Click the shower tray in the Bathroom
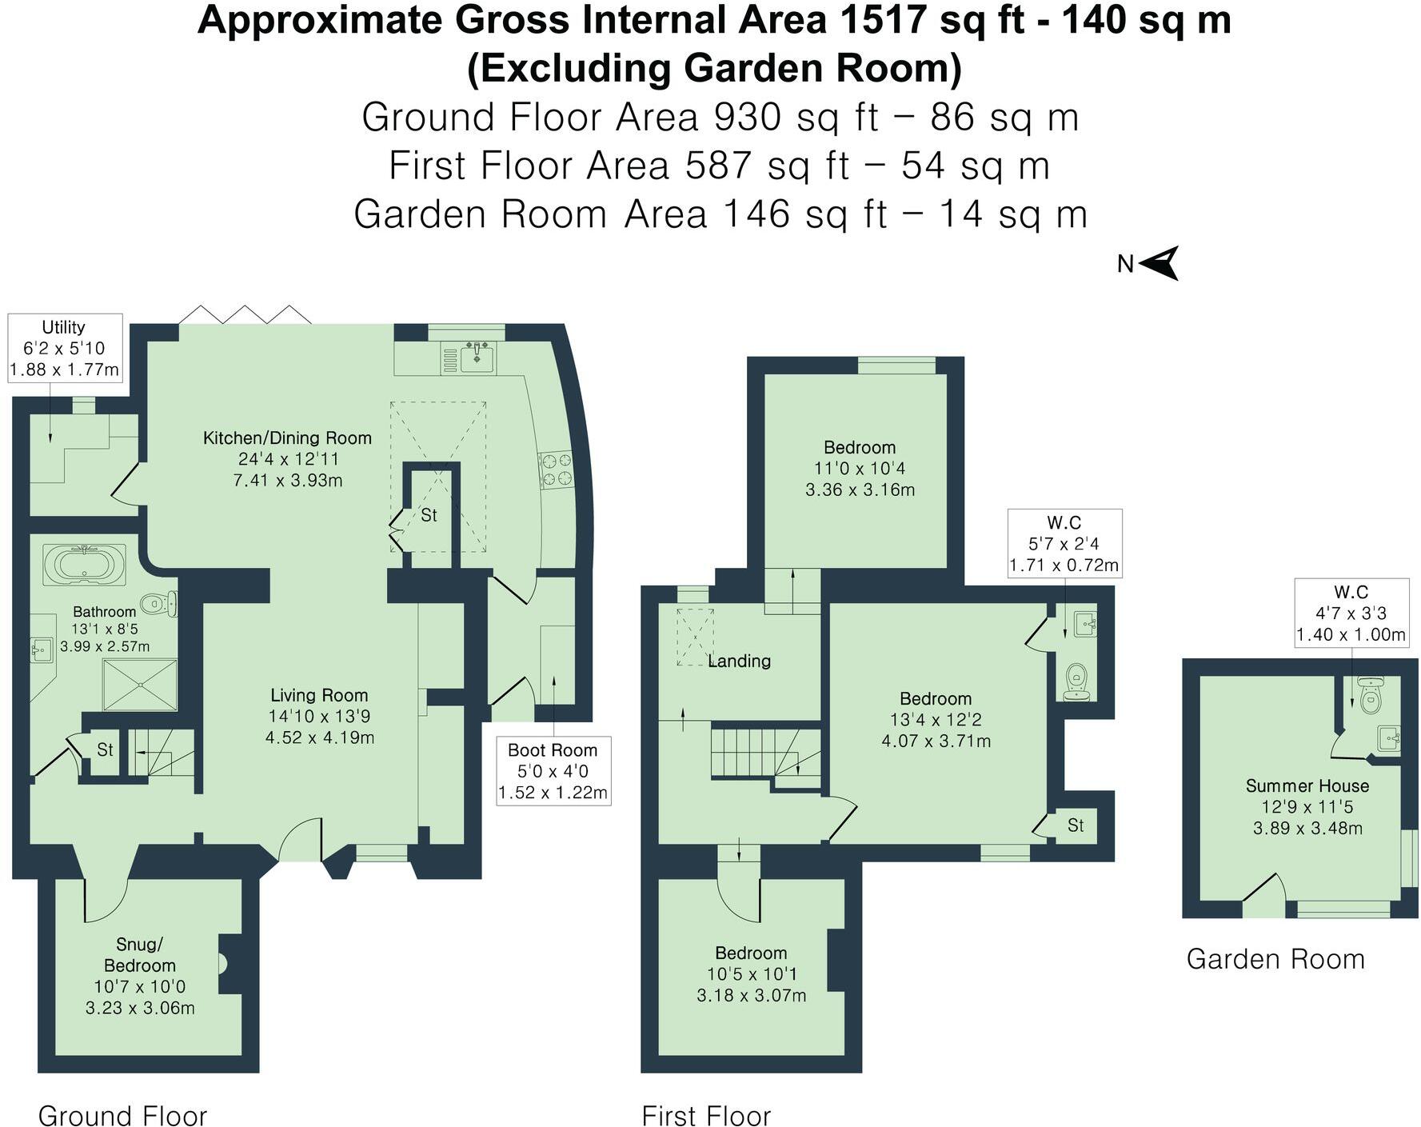click(x=141, y=685)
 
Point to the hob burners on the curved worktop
click(x=557, y=470)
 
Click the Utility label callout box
click(x=65, y=348)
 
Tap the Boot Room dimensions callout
click(x=553, y=771)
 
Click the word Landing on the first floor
click(x=740, y=661)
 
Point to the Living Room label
click(x=319, y=695)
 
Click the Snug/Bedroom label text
click(x=140, y=954)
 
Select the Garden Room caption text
click(x=1275, y=958)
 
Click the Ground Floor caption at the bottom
click(x=122, y=1115)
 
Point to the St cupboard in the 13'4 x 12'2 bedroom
click(x=1076, y=825)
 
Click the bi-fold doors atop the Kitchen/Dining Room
click(x=245, y=314)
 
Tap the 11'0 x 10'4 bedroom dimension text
click(x=860, y=468)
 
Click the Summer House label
click(x=1307, y=785)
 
